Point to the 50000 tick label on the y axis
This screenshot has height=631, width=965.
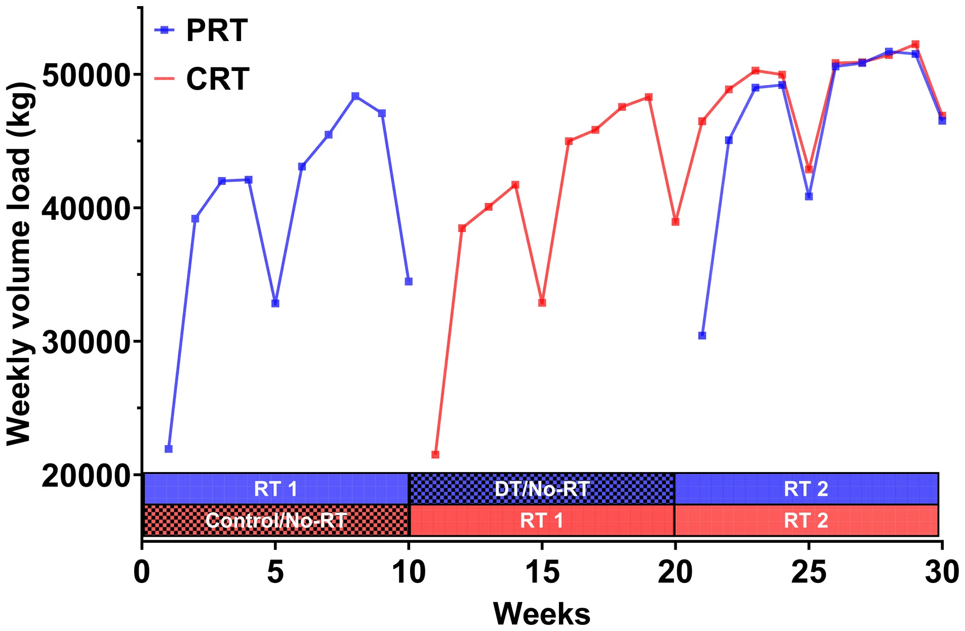(85, 75)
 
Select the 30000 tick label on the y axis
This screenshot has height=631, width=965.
(85, 342)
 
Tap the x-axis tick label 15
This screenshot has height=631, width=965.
(542, 573)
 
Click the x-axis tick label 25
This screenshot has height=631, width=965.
(809, 573)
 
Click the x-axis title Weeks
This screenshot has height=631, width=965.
(541, 614)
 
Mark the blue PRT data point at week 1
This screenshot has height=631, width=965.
(169, 449)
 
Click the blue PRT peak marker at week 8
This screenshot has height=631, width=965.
(355, 96)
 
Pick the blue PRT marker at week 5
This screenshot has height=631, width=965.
(275, 303)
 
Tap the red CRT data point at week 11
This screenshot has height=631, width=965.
(435, 454)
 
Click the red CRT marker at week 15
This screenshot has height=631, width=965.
(542, 303)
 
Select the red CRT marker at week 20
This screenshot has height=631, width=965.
(675, 222)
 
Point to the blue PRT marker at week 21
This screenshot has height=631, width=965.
(702, 335)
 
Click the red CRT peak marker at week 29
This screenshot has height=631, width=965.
(915, 45)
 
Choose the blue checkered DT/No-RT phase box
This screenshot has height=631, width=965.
(542, 489)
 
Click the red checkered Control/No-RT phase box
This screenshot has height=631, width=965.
(276, 520)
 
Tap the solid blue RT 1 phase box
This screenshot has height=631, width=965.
(276, 489)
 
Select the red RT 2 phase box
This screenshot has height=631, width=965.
(806, 520)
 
